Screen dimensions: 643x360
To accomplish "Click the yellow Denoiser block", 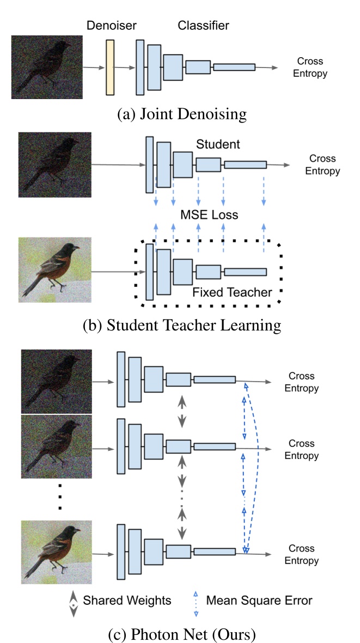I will tap(111, 67).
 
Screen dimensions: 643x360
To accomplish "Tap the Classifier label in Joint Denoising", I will tap(203, 26).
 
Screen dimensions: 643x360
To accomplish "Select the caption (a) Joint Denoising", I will tap(180, 114).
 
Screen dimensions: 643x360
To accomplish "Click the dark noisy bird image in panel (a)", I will tap(47, 67).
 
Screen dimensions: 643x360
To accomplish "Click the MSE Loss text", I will tap(209, 215).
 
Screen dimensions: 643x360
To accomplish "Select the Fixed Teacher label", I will tap(231, 292).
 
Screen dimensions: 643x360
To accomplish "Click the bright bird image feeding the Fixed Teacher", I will tap(54, 270).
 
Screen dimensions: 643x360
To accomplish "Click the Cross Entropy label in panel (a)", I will tap(310, 67).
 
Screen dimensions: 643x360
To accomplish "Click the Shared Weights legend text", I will tap(127, 601).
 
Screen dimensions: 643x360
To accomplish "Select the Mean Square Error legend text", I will tap(259, 601).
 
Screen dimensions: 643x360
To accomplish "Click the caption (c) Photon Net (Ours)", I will tap(180, 634).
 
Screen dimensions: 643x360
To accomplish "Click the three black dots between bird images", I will tap(60, 495).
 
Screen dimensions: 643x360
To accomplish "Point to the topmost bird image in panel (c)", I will tap(49, 381).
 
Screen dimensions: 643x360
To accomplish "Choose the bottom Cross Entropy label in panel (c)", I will tap(303, 554).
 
